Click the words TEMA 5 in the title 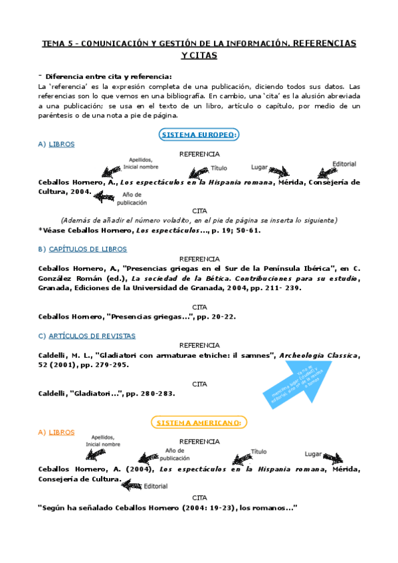[x=58, y=44]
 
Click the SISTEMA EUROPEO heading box [x=199, y=135]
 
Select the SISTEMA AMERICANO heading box [x=199, y=422]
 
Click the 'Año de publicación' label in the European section [x=132, y=199]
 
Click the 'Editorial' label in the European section [x=344, y=164]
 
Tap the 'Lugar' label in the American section [x=313, y=454]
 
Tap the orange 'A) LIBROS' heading [x=56, y=432]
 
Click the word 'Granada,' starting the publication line [x=56, y=288]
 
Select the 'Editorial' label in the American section [x=155, y=485]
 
